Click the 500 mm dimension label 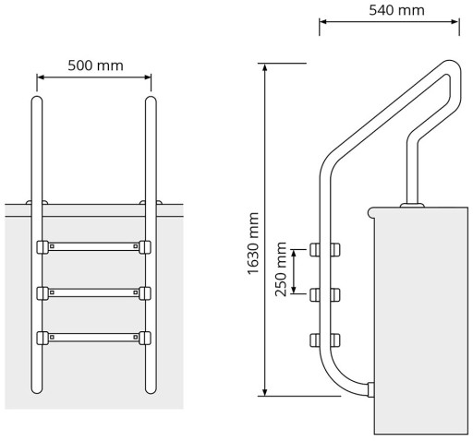[95, 66]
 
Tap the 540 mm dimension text [396, 10]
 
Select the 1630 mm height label [254, 244]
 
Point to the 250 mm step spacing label [281, 269]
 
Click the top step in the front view [93, 246]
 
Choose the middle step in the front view [93, 293]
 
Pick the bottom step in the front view [93, 338]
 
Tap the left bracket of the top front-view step [42, 247]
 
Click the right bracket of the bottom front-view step [145, 338]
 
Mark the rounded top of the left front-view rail [37, 99]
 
